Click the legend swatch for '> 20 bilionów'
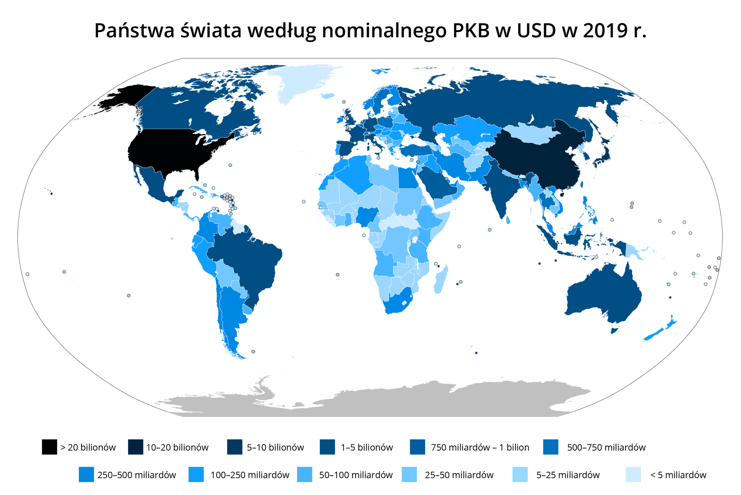pyautogui.click(x=49, y=447)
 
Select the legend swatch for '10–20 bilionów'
pyautogui.click(x=136, y=447)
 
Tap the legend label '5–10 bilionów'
pyautogui.click(x=275, y=447)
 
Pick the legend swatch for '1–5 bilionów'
pyautogui.click(x=327, y=447)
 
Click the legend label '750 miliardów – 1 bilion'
pyautogui.click(x=480, y=447)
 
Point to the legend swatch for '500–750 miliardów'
pyautogui.click(x=551, y=447)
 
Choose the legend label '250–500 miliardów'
pyautogui.click(x=137, y=475)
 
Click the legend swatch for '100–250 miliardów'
pyautogui.click(x=196, y=475)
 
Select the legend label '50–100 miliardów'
pyautogui.click(x=356, y=475)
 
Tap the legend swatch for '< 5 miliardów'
pyautogui.click(x=633, y=475)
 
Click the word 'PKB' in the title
pyautogui.click(x=471, y=31)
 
